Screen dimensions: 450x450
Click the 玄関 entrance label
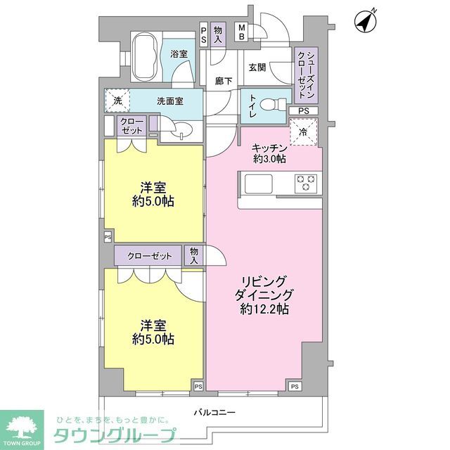click(256, 67)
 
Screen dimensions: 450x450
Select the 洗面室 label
click(169, 101)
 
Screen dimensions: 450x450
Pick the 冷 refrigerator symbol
click(304, 131)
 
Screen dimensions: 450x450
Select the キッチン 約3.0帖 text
click(269, 154)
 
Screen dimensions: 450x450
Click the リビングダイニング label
click(263, 295)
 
